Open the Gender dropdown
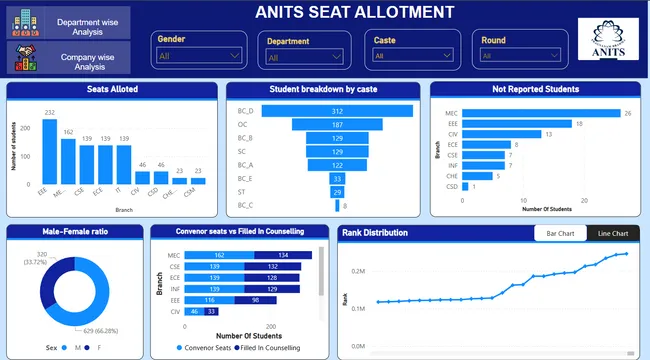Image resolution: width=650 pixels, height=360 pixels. pyautogui.click(x=200, y=56)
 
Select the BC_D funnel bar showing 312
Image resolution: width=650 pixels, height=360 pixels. pyautogui.click(x=338, y=110)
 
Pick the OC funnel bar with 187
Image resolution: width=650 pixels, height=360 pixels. pyautogui.click(x=338, y=124)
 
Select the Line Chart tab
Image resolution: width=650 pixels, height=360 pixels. pyautogui.click(x=613, y=233)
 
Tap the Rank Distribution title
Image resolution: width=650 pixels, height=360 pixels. pyautogui.click(x=375, y=233)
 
